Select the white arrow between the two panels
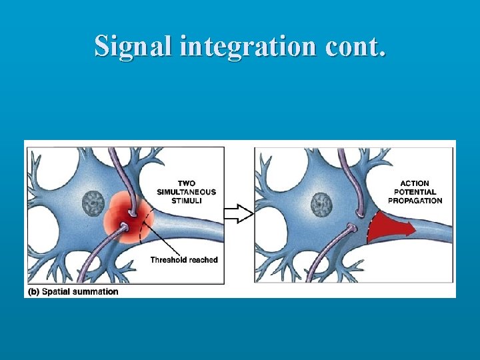239,213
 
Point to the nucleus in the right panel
323,203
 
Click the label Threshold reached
184,260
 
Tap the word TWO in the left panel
187,183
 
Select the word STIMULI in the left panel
187,201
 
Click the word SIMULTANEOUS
187,192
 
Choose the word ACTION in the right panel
415,183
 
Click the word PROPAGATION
415,201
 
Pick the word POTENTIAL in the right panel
415,192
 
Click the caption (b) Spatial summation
73,291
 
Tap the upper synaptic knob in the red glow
135,212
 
